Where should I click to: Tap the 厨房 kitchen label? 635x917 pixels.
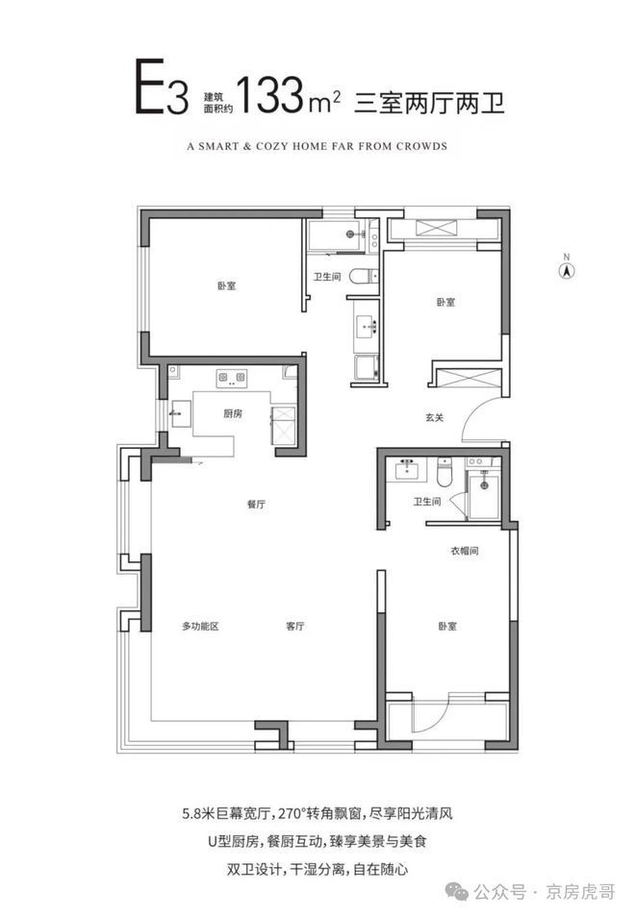tap(232, 413)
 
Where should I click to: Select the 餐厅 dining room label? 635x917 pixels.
tap(256, 504)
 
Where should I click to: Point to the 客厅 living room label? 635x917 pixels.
tap(295, 626)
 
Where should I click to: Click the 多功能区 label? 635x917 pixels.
tap(200, 626)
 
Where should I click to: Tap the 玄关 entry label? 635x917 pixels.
tap(434, 417)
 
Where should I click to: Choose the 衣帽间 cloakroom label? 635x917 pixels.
tap(465, 551)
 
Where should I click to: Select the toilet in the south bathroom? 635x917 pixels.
tap(445, 473)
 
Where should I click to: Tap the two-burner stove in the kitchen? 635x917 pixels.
tap(232, 378)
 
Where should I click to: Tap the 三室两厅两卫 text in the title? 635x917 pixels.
tap(429, 103)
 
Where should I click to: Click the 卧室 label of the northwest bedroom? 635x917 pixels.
tap(226, 286)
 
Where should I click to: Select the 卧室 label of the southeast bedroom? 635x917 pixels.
tap(447, 626)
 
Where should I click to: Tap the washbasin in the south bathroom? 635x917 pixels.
tap(407, 470)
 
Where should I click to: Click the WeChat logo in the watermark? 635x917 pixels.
tap(457, 891)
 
